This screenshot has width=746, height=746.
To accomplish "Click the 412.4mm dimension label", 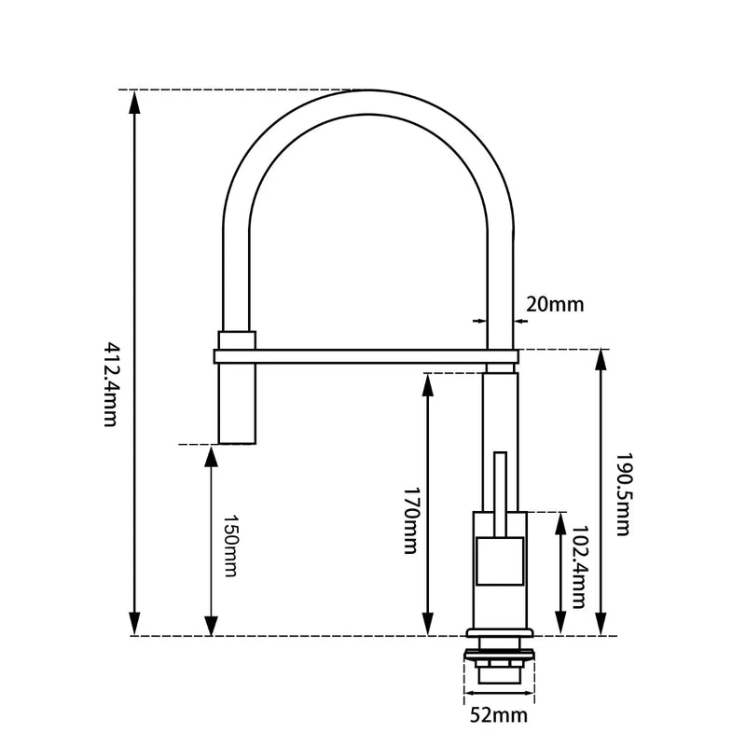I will (109, 383).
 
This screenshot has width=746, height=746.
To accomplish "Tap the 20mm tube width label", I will (555, 304).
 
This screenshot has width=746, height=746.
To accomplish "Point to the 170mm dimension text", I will (409, 519).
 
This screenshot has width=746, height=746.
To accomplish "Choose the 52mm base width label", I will (498, 716).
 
